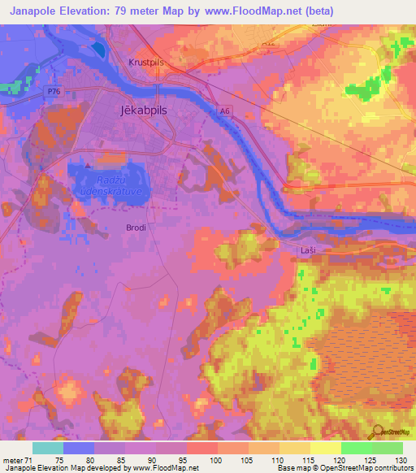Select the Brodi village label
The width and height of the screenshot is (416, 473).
[136, 228]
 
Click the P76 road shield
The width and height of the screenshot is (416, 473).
[54, 93]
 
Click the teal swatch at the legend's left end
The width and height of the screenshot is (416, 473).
[48, 448]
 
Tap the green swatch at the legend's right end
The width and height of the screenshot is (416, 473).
[388, 448]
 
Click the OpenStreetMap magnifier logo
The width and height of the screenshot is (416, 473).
[379, 432]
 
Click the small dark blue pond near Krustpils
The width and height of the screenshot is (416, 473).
[98, 49]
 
